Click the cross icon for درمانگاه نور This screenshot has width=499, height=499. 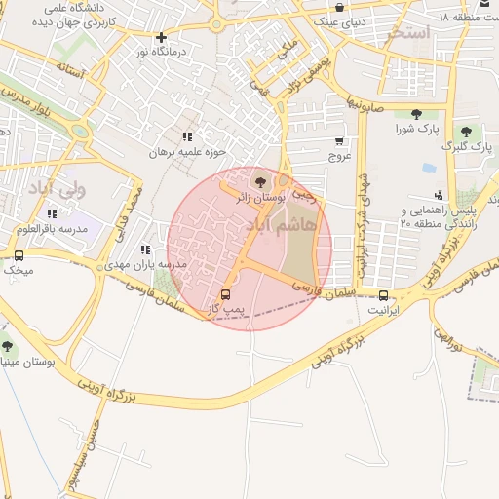coord(162,38)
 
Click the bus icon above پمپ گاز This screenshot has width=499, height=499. coord(226,293)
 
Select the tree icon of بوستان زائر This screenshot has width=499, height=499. coord(258,180)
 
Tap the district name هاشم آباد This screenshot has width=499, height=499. coord(310,225)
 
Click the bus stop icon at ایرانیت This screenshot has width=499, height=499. coord(383,295)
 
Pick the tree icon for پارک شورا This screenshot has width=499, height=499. coord(417,114)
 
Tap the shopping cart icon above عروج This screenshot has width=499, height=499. coord(339,140)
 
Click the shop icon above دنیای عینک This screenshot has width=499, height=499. coord(339,7)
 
